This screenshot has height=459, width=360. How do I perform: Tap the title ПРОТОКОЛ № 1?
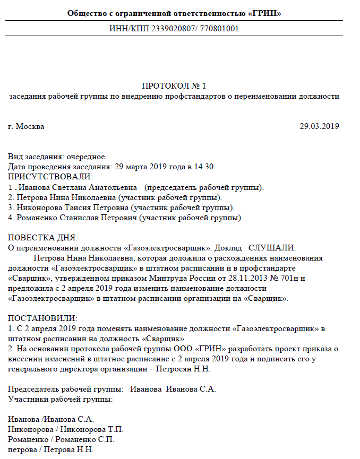point(174,86)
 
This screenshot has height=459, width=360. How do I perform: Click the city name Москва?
point(30,126)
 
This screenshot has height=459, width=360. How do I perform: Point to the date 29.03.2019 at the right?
point(319,126)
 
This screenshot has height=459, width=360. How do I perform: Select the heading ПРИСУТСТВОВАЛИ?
point(50,177)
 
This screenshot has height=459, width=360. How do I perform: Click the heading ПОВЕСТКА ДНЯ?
point(43,237)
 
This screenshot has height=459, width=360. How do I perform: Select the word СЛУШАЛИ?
point(271,247)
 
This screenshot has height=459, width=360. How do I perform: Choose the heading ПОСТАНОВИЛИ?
point(43,318)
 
